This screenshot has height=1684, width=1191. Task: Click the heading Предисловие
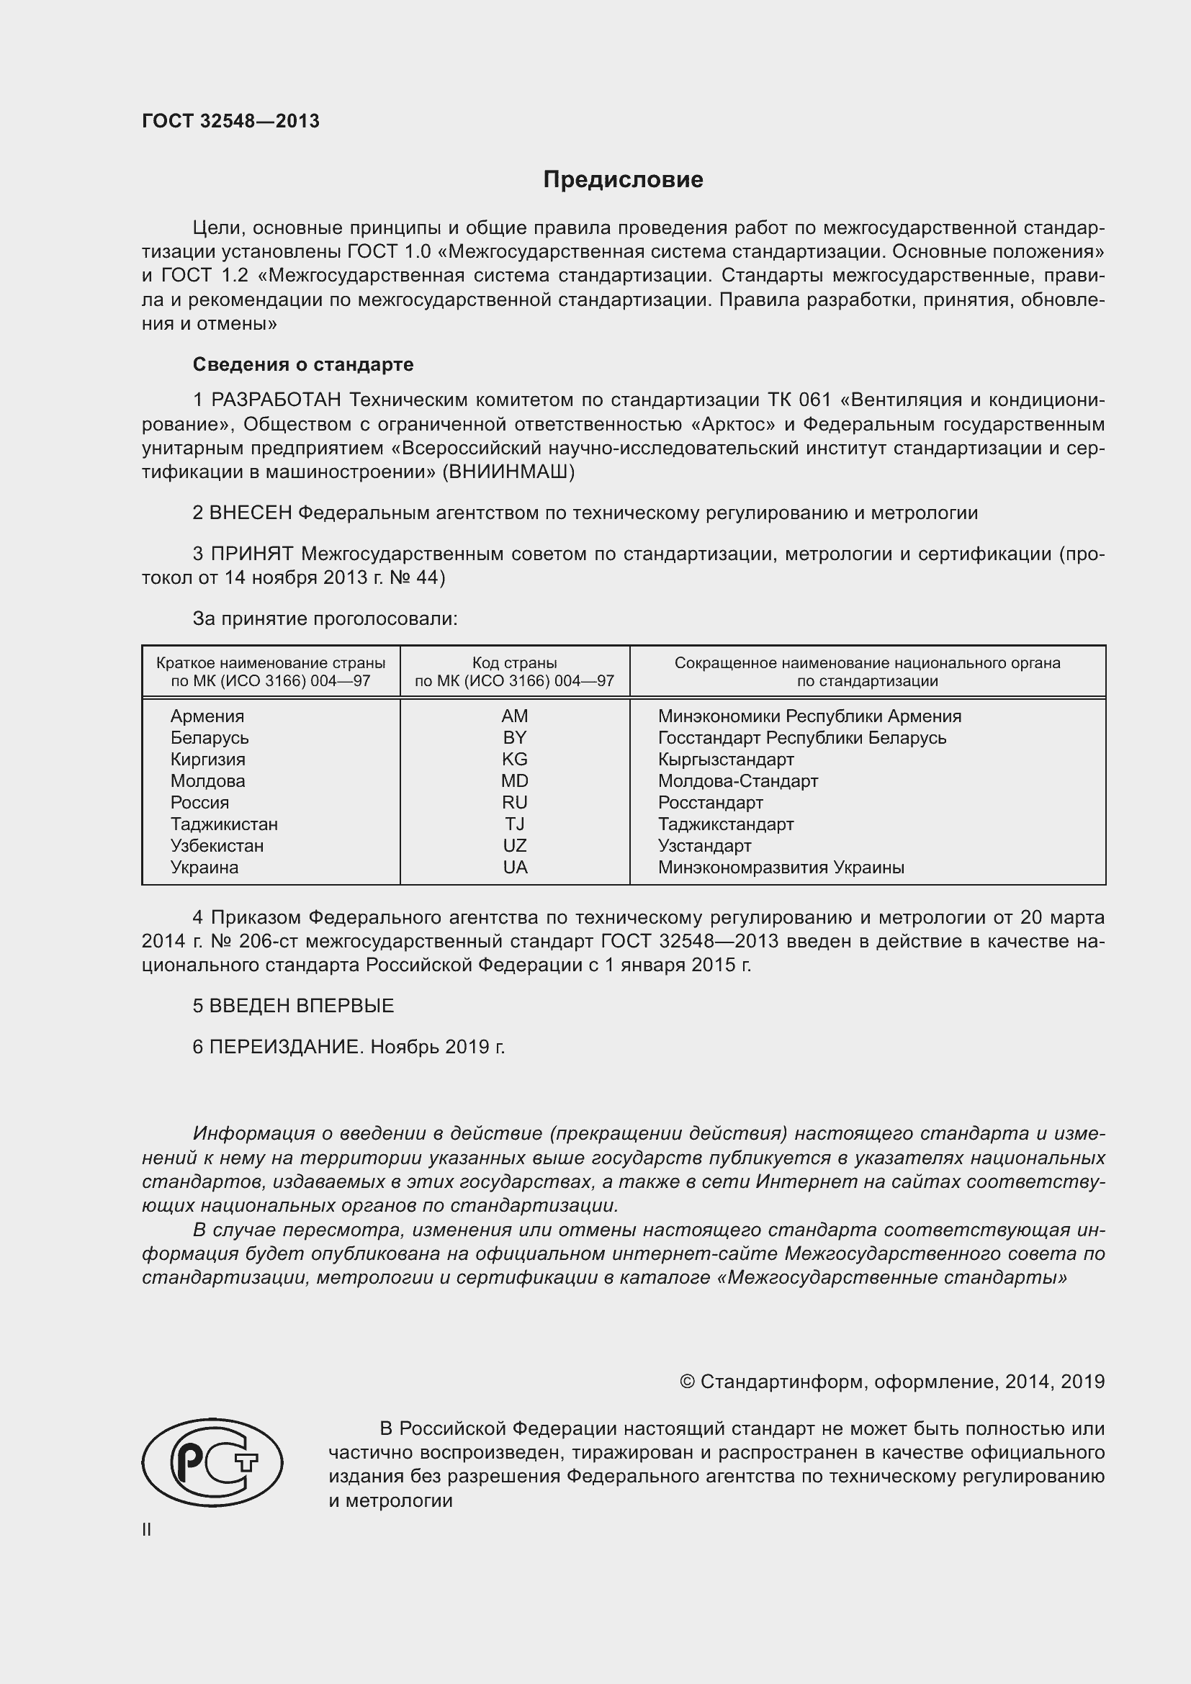pos(623,180)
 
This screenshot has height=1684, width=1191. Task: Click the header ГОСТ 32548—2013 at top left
pos(230,122)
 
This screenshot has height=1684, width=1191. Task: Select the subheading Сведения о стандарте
pos(303,364)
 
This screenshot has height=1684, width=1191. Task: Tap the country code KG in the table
pos(514,759)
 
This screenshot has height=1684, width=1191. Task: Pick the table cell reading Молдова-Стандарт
pos(737,781)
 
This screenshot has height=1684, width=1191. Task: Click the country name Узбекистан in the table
pos(217,846)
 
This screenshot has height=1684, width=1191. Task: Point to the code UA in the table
pos(515,868)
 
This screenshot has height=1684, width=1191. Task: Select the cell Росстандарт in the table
pos(710,802)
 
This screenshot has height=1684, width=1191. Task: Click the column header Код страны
pos(514,663)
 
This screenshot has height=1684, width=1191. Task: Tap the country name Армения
pos(207,716)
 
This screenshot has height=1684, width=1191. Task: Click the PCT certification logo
pos(212,1462)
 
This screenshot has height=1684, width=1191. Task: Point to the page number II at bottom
pos(147,1529)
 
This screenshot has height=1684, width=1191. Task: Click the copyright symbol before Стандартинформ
pos(686,1382)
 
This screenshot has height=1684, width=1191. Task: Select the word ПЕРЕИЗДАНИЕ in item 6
pos(285,1047)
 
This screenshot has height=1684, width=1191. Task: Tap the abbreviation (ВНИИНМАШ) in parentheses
pos(508,472)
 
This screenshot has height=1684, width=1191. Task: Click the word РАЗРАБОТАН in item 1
pos(277,400)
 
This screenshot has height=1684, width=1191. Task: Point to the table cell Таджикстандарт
pos(725,824)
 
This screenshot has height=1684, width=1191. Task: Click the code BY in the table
pos(514,738)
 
